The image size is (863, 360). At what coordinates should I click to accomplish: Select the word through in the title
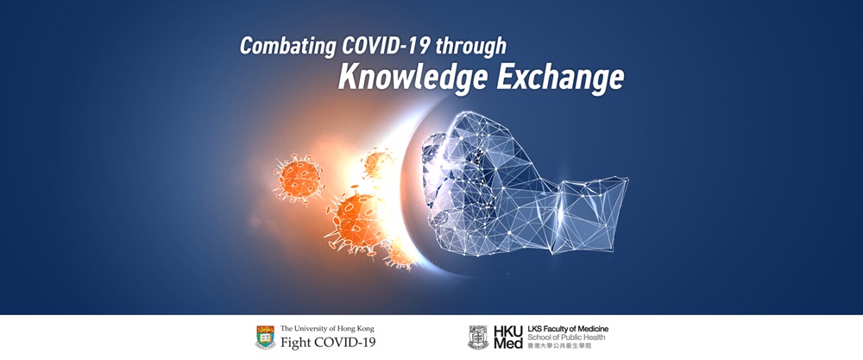(471, 47)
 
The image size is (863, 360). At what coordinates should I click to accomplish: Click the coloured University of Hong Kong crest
(265, 338)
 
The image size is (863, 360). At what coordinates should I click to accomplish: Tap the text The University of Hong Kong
(327, 329)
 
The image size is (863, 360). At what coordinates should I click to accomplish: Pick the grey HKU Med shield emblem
(478, 338)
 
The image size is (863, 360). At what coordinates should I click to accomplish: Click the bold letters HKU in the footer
(508, 332)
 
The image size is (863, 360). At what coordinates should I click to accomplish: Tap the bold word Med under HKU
(508, 344)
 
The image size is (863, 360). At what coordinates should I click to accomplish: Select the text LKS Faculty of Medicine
(568, 329)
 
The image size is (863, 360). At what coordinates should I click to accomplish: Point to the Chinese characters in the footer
(556, 345)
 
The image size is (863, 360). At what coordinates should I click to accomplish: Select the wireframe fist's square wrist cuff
(590, 215)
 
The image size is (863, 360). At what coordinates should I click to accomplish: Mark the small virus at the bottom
(400, 255)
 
